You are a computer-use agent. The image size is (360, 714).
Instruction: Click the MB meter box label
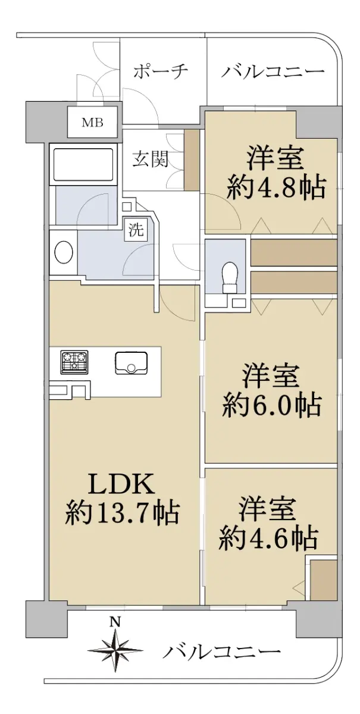click(x=92, y=123)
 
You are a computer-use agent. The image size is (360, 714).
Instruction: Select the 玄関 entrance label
click(x=151, y=158)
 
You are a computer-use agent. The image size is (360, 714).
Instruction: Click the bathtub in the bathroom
click(x=83, y=165)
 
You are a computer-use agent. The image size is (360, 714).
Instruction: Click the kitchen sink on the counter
click(x=131, y=363)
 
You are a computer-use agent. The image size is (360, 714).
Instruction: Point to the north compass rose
click(x=115, y=649)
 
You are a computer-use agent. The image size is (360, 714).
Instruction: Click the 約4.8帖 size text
click(x=276, y=187)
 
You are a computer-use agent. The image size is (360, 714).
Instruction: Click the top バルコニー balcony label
click(x=273, y=71)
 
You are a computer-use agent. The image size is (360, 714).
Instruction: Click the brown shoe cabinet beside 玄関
click(x=192, y=159)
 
